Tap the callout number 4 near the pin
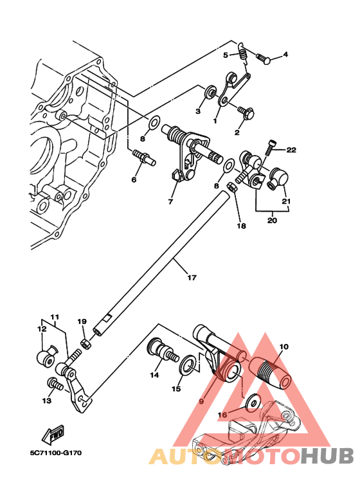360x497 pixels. point(285,55)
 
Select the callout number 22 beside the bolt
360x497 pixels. point(291,150)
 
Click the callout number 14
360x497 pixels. point(155,374)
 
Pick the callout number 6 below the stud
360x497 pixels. point(134,179)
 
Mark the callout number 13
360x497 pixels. point(46,401)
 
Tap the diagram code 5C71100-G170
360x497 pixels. point(55,453)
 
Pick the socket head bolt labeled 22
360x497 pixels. point(273,147)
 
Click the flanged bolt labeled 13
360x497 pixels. point(55,385)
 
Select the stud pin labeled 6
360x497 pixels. point(142,156)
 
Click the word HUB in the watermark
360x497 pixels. point(328,456)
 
